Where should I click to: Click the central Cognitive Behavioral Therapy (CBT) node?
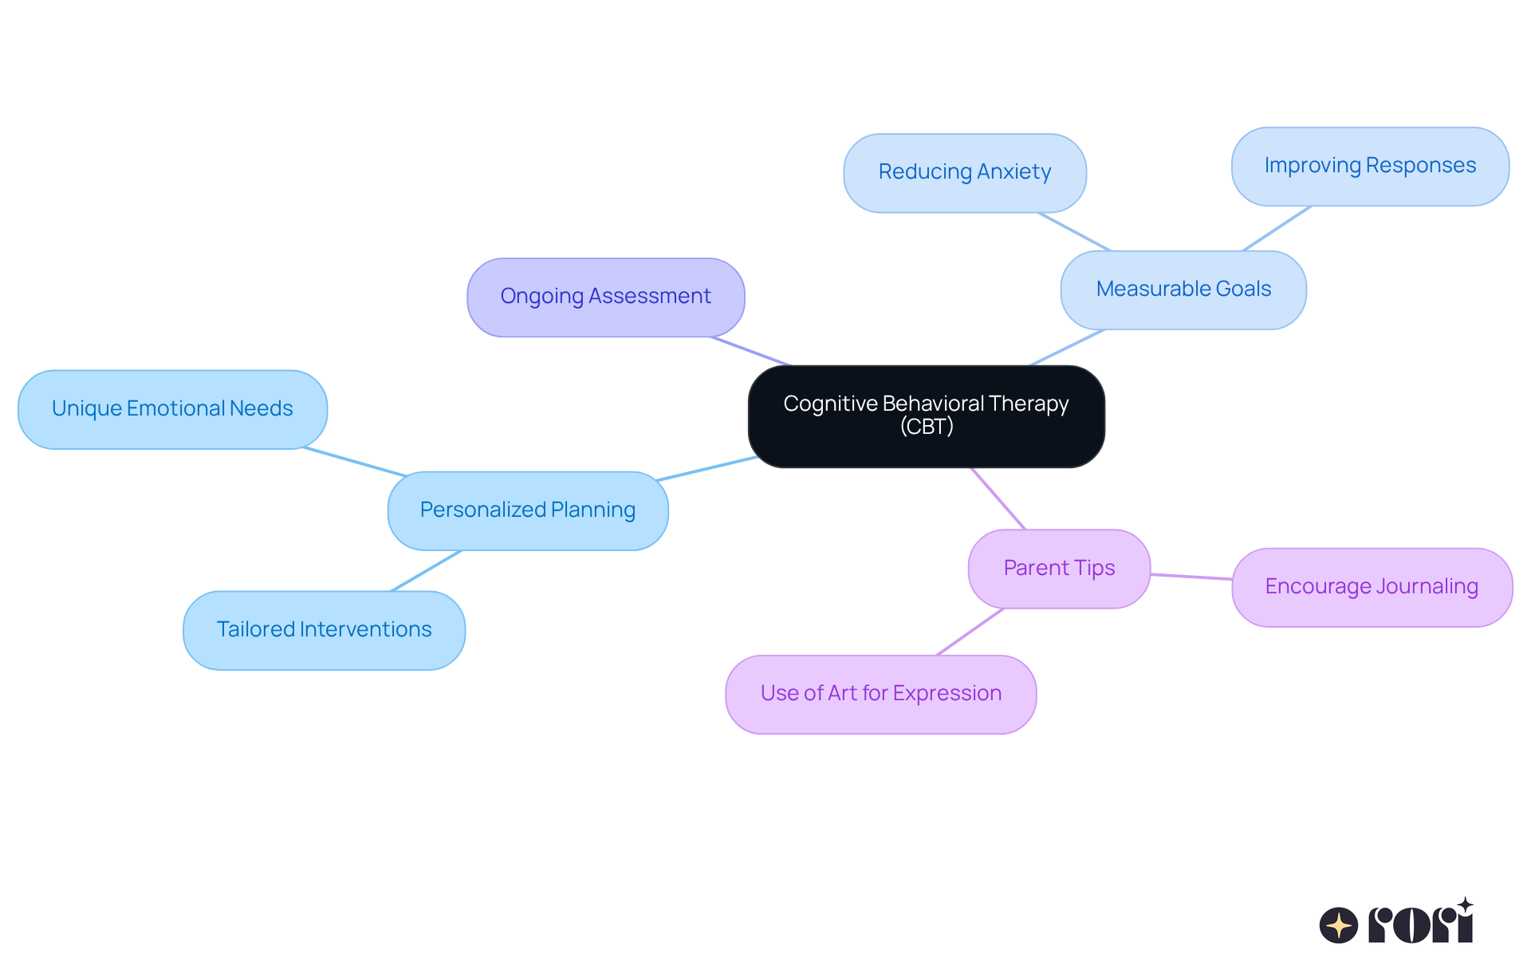pyautogui.click(x=926, y=416)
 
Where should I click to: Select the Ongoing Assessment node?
pyautogui.click(x=605, y=297)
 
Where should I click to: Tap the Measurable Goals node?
pyautogui.click(x=1183, y=290)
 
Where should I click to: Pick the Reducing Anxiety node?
pyautogui.click(x=964, y=172)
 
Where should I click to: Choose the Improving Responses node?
pyautogui.click(x=1370, y=166)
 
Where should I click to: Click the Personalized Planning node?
pyautogui.click(x=527, y=510)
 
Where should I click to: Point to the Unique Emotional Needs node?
pyautogui.click(x=172, y=409)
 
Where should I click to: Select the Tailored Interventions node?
pyautogui.click(x=324, y=630)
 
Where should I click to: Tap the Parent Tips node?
pyautogui.click(x=1059, y=569)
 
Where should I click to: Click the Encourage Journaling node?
pyautogui.click(x=1372, y=587)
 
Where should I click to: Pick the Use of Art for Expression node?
pyautogui.click(x=880, y=694)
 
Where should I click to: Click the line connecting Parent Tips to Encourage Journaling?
pyautogui.click(x=1191, y=577)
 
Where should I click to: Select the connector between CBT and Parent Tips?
pyautogui.click(x=998, y=498)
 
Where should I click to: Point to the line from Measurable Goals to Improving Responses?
pyautogui.click(x=1277, y=228)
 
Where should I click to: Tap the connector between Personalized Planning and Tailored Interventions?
pyautogui.click(x=426, y=571)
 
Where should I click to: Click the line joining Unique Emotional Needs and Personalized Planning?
pyautogui.click(x=355, y=462)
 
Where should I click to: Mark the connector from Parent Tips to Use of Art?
pyautogui.click(x=970, y=632)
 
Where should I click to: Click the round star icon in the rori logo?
pyautogui.click(x=1338, y=925)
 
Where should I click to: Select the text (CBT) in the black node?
pyautogui.click(x=927, y=427)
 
